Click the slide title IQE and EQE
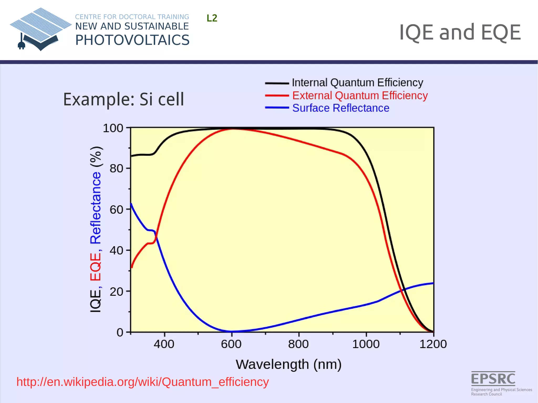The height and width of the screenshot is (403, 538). tap(460, 32)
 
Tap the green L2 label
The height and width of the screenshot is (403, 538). tap(212, 18)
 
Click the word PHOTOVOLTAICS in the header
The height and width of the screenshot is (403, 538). tap(132, 40)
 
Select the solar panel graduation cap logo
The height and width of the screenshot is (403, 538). tap(40, 29)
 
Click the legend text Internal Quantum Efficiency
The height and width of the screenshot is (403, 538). tap(357, 83)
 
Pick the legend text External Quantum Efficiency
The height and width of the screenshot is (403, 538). tap(360, 96)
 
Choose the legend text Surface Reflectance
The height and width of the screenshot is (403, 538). tap(341, 108)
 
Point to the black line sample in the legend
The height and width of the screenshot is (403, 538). tap(277, 83)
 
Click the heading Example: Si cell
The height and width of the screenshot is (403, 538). tap(123, 99)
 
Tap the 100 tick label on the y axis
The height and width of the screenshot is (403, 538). tap(113, 128)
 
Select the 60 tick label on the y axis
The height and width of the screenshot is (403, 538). tap(116, 210)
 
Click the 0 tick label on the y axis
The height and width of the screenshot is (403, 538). tap(120, 332)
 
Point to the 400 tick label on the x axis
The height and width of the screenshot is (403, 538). tap(164, 344)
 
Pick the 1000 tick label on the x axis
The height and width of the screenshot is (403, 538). tap(366, 344)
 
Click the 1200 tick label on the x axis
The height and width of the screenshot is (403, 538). tap(433, 344)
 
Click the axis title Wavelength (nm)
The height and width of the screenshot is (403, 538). tap(288, 364)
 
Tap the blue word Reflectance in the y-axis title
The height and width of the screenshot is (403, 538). tap(96, 208)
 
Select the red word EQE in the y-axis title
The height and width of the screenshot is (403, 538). tap(96, 267)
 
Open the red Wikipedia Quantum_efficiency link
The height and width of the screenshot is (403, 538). tap(143, 382)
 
